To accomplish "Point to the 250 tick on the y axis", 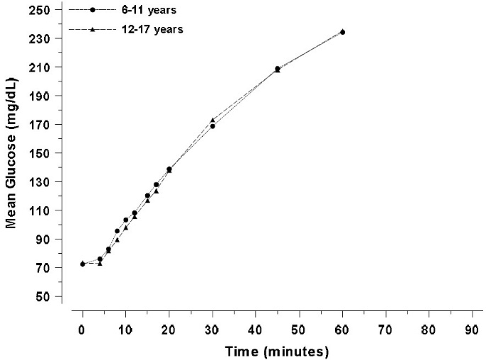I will click(40, 10).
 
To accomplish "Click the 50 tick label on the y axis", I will click(43, 296).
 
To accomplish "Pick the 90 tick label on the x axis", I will click(472, 329).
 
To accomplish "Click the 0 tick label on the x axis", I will click(83, 329).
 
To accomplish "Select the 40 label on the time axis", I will click(256, 329).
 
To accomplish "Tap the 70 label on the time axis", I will click(385, 329).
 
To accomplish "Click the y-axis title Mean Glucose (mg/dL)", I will click(12, 152).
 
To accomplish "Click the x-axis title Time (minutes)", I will click(277, 351).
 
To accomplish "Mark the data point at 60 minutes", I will click(343, 32).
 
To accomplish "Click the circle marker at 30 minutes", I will click(213, 126).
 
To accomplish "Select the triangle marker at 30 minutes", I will click(213, 120).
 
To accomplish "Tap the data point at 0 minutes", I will click(83, 264).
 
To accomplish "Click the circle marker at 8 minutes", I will click(117, 231).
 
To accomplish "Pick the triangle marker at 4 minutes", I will click(100, 264).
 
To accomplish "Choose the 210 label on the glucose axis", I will click(40, 67).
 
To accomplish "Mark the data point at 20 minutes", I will click(169, 169).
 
